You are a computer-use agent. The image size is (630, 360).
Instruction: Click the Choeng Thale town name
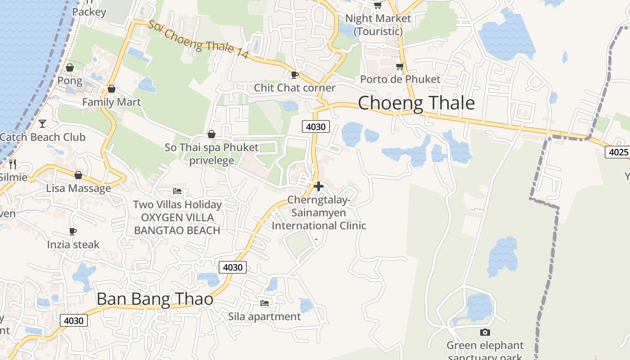(x=416, y=103)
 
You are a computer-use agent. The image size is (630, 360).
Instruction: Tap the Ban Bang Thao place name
(x=155, y=299)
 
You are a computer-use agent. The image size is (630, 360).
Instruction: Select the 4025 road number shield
(x=618, y=152)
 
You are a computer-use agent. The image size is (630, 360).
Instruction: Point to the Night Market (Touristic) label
(x=378, y=25)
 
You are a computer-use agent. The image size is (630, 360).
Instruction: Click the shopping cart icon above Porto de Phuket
(x=400, y=67)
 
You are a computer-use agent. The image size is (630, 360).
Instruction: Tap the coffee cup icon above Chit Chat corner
(x=295, y=75)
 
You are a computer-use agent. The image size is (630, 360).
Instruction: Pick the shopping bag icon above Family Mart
(x=112, y=89)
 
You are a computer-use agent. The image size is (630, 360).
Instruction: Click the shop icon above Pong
(x=70, y=67)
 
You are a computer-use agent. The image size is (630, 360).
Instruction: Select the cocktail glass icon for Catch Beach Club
(x=42, y=123)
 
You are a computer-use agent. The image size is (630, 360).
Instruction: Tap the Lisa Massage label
(x=78, y=188)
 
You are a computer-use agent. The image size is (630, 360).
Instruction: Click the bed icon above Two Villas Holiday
(x=177, y=191)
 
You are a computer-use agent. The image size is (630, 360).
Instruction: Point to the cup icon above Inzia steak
(x=73, y=231)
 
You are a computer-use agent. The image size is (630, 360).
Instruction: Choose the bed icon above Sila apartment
(x=265, y=303)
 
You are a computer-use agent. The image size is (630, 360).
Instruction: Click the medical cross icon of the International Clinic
(x=319, y=186)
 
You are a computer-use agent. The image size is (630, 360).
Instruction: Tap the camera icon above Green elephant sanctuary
(x=485, y=332)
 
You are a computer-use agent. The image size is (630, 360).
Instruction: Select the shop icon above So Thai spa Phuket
(x=211, y=134)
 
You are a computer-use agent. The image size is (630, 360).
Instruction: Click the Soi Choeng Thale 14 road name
(x=198, y=40)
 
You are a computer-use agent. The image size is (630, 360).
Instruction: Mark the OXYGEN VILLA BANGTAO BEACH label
(x=177, y=224)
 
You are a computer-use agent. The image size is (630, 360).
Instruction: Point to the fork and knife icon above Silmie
(x=13, y=164)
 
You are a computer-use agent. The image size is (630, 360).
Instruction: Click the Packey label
(x=89, y=12)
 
